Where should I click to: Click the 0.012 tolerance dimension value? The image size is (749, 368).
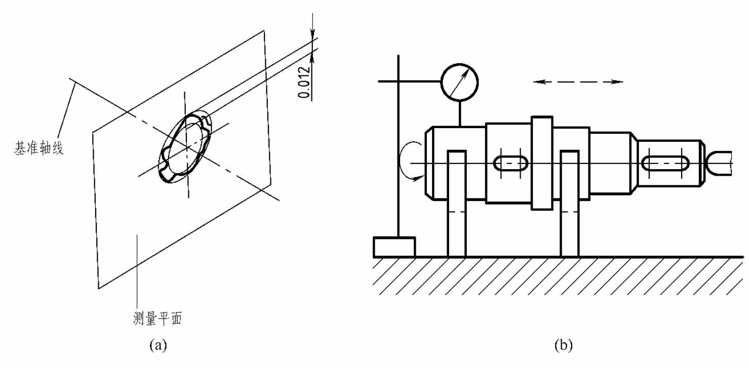304,82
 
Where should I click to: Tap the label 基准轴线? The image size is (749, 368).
39,147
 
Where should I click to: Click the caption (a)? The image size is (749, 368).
158,345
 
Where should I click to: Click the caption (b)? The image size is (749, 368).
564,345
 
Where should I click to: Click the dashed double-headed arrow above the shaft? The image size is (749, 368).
578,81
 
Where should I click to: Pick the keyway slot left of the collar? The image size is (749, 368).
511,163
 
